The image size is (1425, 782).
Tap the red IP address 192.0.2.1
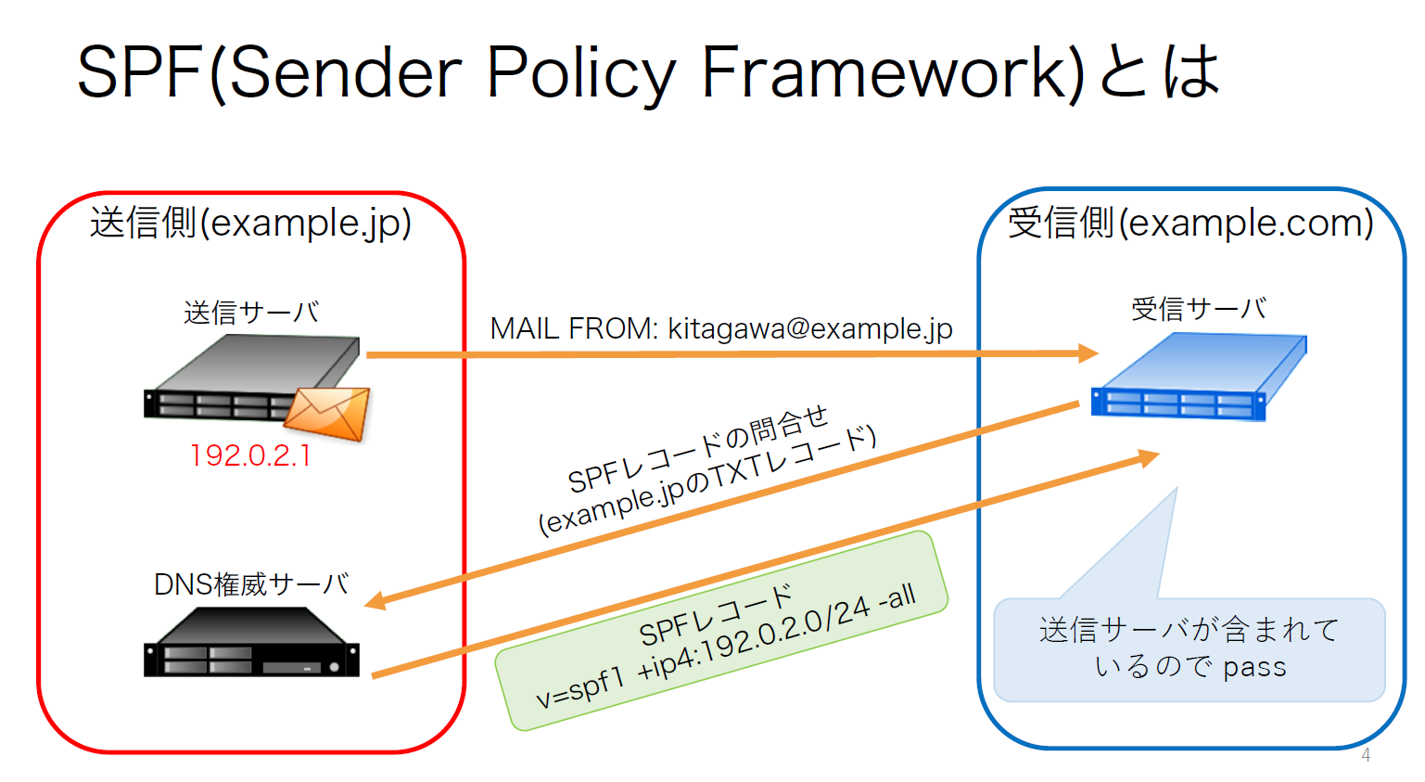250,455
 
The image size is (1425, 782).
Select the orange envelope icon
327,414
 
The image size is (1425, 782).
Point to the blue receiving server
1199,376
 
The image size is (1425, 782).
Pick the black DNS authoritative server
251,642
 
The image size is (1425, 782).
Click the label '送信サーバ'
252,313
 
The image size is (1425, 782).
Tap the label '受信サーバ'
1199,309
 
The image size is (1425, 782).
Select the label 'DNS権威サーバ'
252,584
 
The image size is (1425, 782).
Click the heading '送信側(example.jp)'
250,223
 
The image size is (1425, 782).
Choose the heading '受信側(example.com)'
1190,223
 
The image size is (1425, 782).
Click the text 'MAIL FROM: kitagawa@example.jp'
721,329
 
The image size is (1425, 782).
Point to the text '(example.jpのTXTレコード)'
707,481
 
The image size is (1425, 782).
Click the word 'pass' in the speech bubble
1254,668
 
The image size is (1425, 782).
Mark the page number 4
1366,755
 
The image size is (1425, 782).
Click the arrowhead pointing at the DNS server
376,601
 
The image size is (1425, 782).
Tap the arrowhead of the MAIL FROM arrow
1088,353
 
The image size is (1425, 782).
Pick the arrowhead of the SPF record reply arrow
1147,457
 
